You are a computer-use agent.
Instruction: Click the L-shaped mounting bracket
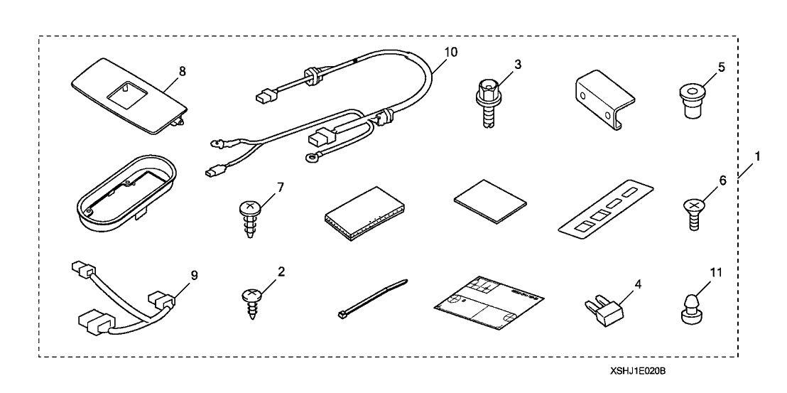pyautogui.click(x=598, y=104)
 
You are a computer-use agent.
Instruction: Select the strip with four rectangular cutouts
pyautogui.click(x=606, y=213)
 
